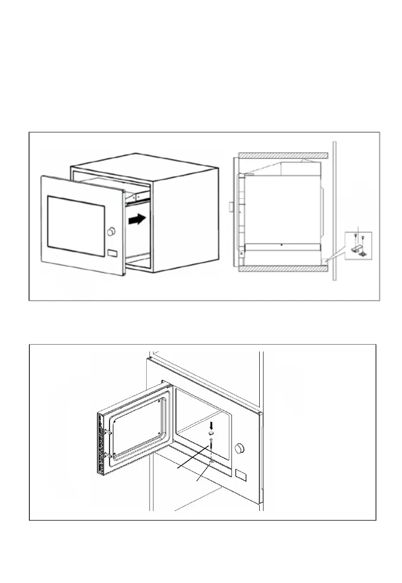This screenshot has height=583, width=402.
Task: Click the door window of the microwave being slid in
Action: coord(75,225)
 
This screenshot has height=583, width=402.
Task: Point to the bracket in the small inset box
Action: coord(358,250)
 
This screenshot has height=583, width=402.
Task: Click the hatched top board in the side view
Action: coord(281,155)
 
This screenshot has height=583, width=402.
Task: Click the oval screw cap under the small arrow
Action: coord(211,433)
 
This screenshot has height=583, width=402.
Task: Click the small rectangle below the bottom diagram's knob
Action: coord(241,474)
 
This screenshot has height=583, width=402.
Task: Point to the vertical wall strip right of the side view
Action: coord(333,210)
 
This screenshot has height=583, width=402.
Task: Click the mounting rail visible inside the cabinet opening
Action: coord(136,196)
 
